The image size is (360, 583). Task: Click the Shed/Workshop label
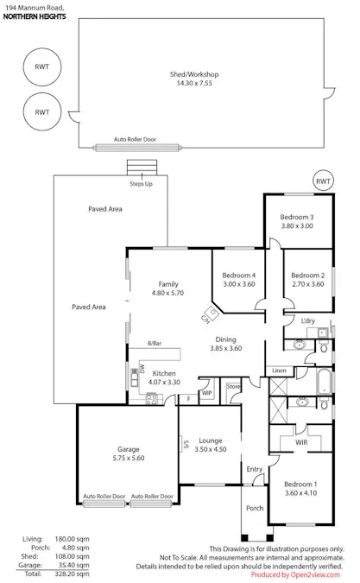click(x=194, y=74)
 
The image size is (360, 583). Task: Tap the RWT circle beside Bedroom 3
click(x=323, y=181)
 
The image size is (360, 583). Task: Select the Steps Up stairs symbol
click(x=142, y=168)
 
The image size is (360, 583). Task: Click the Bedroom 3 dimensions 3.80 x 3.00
click(x=297, y=225)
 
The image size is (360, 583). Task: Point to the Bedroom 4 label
click(x=239, y=276)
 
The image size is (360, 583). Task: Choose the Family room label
click(x=168, y=284)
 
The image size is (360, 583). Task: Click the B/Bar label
click(x=155, y=344)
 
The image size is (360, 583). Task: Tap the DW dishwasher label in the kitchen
click(x=142, y=369)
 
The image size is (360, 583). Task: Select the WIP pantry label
click(x=207, y=393)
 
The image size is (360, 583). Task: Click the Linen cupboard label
click(x=279, y=371)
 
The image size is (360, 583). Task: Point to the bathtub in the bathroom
click(x=325, y=381)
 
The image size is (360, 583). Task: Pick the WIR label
click(x=301, y=442)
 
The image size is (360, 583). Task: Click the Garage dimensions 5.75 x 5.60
click(x=129, y=458)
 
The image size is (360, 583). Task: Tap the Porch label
click(x=255, y=508)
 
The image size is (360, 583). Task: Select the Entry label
click(x=255, y=469)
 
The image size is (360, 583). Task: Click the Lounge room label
click(x=211, y=440)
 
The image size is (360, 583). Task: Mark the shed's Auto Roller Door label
click(x=135, y=139)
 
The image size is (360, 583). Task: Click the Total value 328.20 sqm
click(x=72, y=573)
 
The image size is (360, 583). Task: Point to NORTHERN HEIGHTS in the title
click(x=35, y=16)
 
